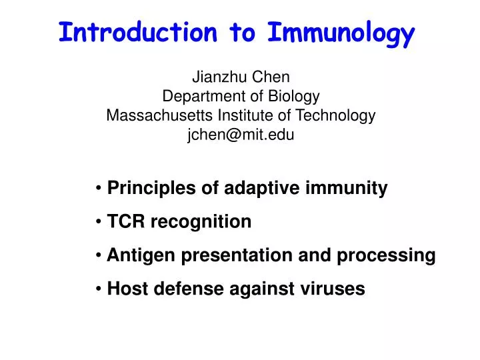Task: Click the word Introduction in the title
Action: (x=137, y=31)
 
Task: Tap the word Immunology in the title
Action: (x=341, y=33)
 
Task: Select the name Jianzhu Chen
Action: (x=241, y=76)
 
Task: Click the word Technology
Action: (x=336, y=115)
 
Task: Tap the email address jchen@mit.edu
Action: (x=241, y=135)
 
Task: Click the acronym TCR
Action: (x=127, y=222)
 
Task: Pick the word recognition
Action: (x=201, y=222)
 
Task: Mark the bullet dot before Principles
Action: (x=99, y=189)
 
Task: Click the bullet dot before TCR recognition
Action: (x=99, y=222)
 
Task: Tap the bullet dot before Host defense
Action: (x=99, y=289)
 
